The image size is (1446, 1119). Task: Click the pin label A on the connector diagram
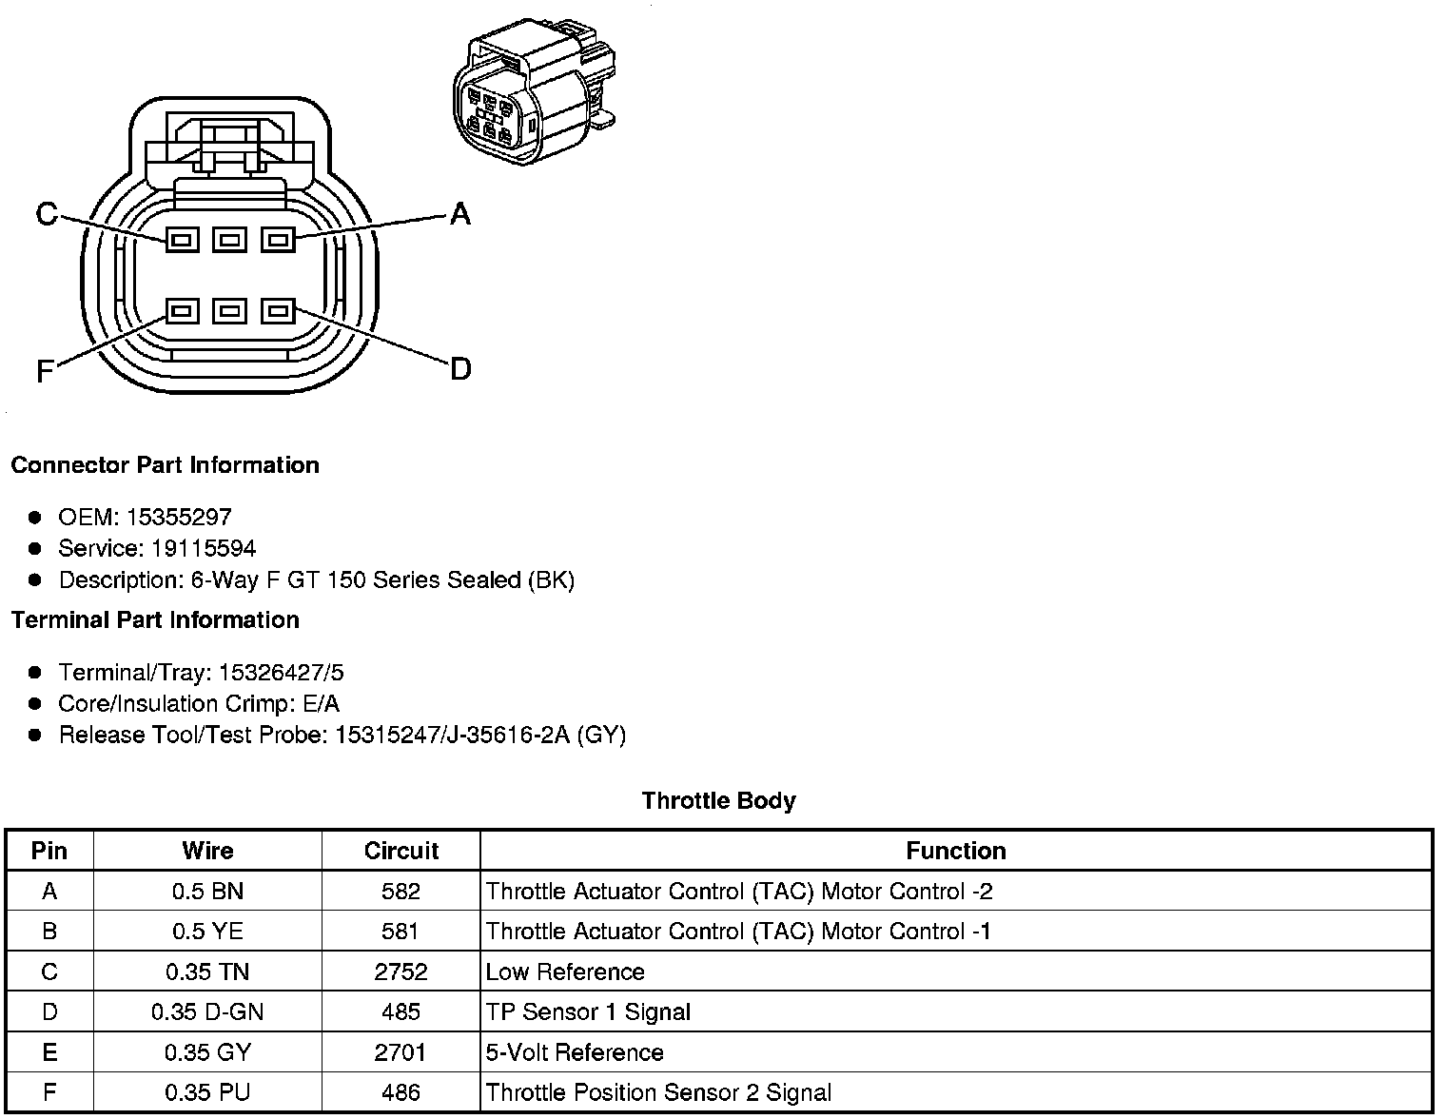tap(459, 214)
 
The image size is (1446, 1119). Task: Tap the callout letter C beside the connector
tap(47, 214)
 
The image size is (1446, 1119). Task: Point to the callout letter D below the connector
tap(459, 368)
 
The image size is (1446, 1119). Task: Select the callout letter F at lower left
tap(45, 371)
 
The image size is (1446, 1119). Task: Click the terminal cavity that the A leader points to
tap(278, 239)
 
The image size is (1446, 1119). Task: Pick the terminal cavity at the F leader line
tap(183, 311)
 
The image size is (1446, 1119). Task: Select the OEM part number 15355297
tap(179, 517)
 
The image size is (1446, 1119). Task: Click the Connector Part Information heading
tap(165, 465)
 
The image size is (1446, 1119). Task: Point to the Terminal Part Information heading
tap(155, 620)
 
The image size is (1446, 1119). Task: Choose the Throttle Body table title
tap(718, 800)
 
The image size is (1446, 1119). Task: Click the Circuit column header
tap(401, 851)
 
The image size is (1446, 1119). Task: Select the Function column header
tap(955, 851)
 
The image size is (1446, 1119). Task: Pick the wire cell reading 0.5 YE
tap(207, 932)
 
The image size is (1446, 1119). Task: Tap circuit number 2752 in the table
tap(401, 972)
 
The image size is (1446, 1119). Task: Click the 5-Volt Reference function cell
tap(575, 1052)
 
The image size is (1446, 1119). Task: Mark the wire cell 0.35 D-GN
tap(207, 1012)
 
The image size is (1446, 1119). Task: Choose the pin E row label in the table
tap(49, 1052)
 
